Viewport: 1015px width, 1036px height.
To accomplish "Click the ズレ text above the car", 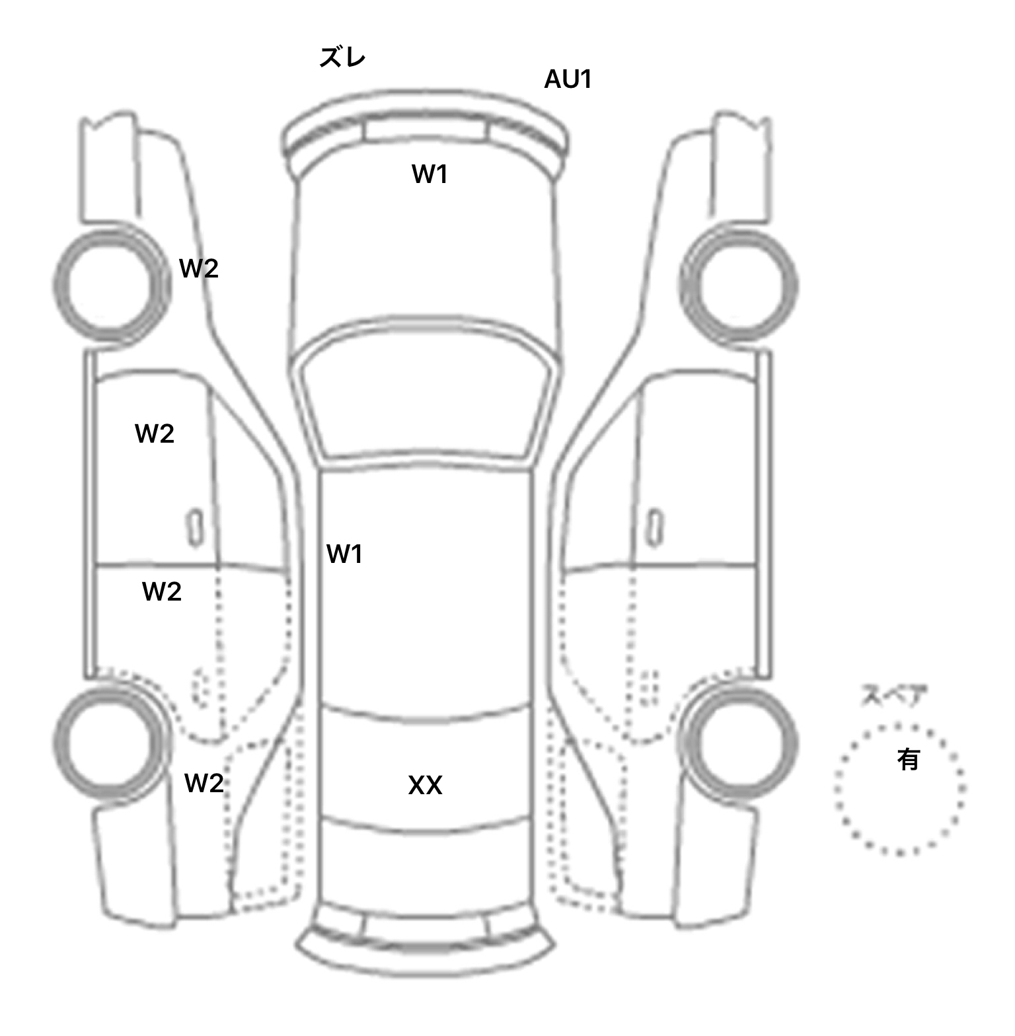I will click(x=342, y=58).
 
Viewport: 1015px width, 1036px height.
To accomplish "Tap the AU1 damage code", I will click(x=568, y=79).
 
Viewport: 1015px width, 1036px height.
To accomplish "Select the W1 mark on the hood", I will click(x=430, y=174).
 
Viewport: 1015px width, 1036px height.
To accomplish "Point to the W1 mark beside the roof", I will click(x=344, y=554).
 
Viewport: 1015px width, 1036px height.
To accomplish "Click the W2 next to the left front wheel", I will click(x=198, y=268).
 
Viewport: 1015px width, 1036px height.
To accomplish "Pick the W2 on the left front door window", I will click(x=154, y=433).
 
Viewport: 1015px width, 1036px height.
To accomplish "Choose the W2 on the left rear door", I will click(x=161, y=591).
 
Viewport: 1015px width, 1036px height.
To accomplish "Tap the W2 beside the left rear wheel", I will click(x=204, y=783).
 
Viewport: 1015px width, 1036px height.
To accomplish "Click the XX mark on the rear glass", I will click(x=425, y=785).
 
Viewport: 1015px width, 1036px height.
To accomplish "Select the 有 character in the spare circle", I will click(x=908, y=760).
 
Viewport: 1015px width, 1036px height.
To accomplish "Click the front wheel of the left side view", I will click(x=111, y=285).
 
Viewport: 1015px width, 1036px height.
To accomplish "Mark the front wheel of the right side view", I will click(x=739, y=285).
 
